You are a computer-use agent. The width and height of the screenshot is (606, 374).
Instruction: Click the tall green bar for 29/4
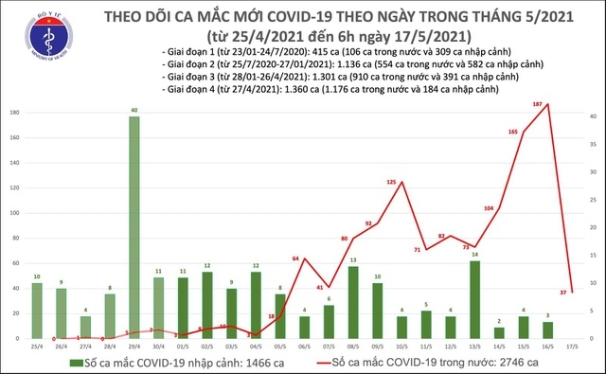coord(134,227)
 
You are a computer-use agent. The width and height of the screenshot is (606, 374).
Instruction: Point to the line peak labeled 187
coord(548,104)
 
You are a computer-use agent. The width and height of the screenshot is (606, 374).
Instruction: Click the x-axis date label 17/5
coord(573,347)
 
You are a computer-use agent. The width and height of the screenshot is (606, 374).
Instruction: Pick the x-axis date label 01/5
coord(182,347)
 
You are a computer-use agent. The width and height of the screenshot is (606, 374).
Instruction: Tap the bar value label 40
coord(134,110)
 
